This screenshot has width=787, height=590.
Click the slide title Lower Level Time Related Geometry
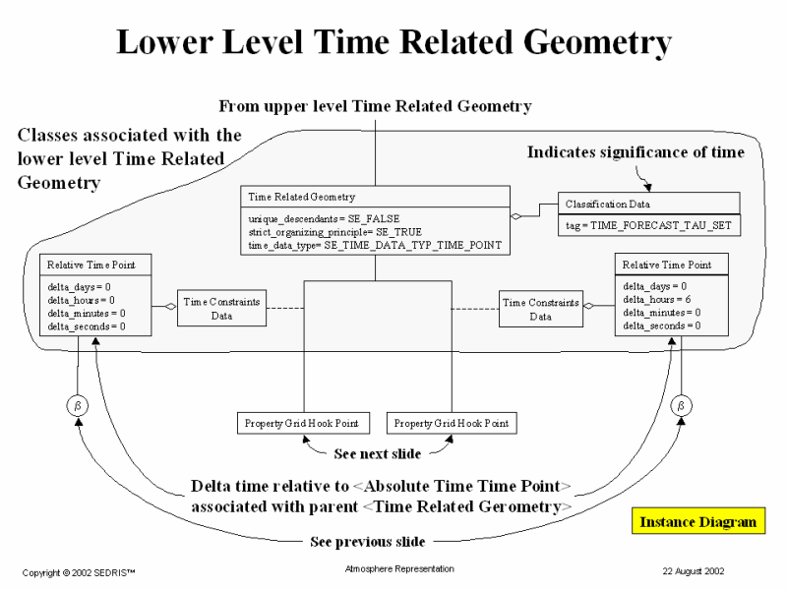(x=393, y=42)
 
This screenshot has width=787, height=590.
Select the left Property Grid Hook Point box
(x=301, y=424)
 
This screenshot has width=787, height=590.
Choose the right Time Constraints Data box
(x=541, y=309)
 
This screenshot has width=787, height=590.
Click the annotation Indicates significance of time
(x=636, y=152)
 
